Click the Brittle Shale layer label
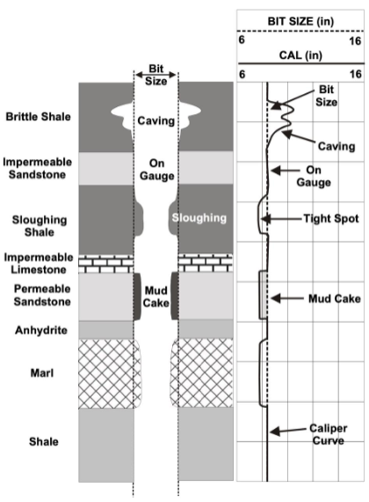point(37,115)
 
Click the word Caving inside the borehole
point(156,120)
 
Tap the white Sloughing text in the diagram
point(200,215)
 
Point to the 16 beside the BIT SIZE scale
point(355,39)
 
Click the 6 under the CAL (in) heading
point(242,75)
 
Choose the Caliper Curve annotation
point(324,434)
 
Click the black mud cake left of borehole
point(138,297)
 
